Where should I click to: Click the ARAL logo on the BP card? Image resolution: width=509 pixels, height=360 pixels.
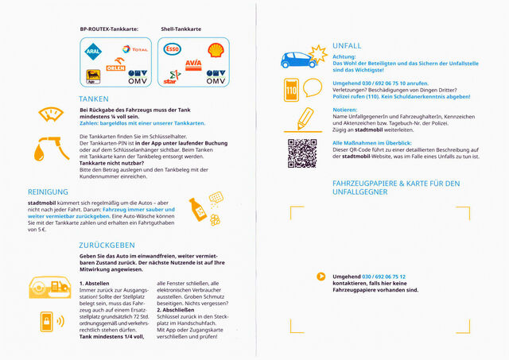(93, 52)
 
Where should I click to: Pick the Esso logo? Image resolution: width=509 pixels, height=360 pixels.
(172, 49)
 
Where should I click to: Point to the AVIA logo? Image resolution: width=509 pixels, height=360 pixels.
(192, 63)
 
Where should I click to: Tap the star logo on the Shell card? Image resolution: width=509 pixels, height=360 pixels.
(170, 77)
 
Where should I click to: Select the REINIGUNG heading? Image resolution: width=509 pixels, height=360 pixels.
(49, 192)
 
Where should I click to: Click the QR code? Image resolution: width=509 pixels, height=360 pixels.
(302, 150)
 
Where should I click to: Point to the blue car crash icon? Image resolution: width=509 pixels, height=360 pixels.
(303, 56)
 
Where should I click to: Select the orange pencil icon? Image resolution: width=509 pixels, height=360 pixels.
(305, 118)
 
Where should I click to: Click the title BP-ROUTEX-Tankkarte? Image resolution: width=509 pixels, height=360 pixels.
(109, 29)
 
